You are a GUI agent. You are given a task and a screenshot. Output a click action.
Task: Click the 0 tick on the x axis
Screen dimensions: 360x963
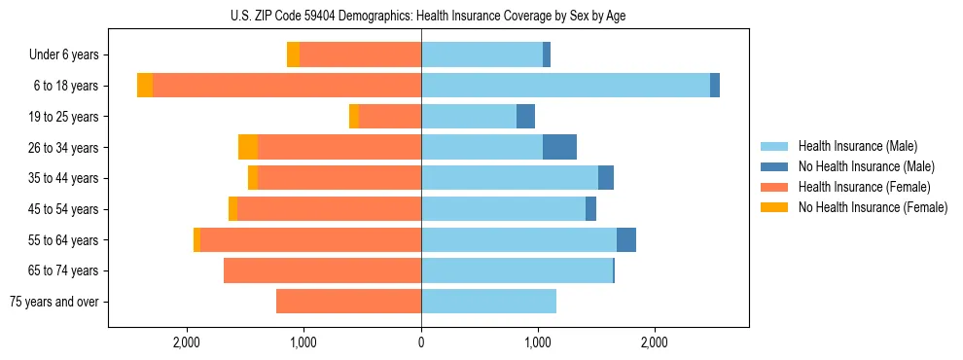point(421,342)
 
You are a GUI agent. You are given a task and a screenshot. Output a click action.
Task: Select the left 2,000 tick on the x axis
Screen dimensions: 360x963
point(186,342)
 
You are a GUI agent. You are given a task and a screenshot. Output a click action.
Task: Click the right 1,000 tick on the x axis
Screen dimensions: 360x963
point(538,342)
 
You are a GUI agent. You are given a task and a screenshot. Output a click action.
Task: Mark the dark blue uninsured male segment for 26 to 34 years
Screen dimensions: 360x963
point(559,147)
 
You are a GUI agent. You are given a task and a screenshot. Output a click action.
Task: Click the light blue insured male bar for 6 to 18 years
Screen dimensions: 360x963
point(565,86)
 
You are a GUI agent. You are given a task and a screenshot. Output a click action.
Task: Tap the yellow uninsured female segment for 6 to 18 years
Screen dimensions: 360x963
point(145,86)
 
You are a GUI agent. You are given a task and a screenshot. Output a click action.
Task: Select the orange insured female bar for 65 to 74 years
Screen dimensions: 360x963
point(322,270)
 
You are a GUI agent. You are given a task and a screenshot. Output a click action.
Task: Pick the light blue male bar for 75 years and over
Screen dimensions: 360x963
point(488,302)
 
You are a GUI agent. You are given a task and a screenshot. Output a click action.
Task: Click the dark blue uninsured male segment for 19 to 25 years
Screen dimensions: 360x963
point(525,117)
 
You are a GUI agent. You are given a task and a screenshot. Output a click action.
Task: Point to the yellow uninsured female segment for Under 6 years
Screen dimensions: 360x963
point(293,54)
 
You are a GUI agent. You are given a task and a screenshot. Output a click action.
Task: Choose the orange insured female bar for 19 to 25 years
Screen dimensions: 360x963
point(390,117)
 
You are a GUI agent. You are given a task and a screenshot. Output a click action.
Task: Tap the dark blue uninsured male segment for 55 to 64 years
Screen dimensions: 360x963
point(626,239)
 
